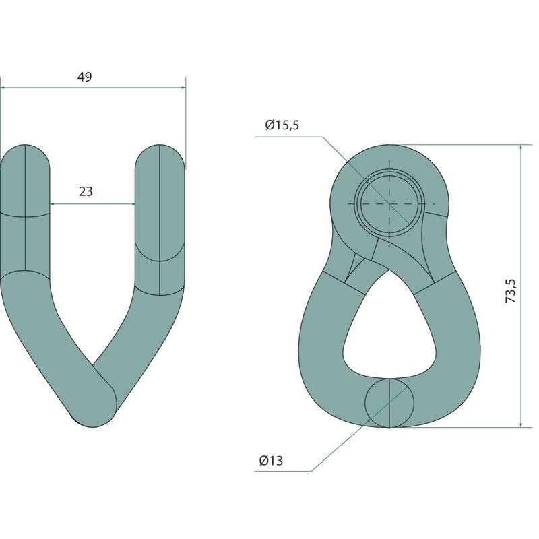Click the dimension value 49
click(x=85, y=77)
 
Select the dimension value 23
click(x=86, y=191)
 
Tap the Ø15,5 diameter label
click(x=282, y=125)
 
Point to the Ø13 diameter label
click(x=271, y=460)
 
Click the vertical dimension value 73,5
click(x=511, y=290)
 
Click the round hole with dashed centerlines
click(x=389, y=203)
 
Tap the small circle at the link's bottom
click(x=389, y=403)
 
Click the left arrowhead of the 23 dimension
click(x=53, y=204)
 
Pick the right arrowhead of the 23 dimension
click(x=132, y=204)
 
